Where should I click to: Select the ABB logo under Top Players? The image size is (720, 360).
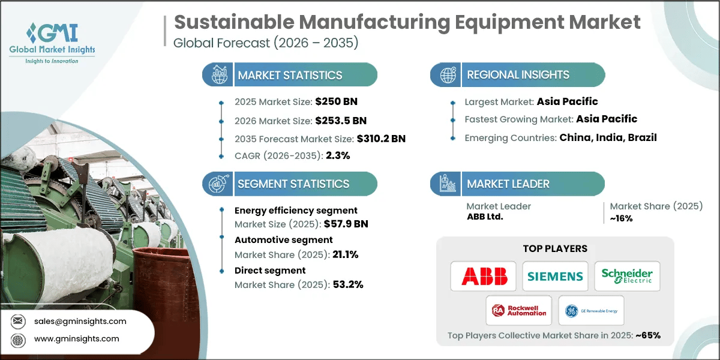tap(484, 276)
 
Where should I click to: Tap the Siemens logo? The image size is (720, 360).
tap(555, 276)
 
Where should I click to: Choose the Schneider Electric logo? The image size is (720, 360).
tap(627, 276)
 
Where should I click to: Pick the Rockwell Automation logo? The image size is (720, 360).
tap(520, 310)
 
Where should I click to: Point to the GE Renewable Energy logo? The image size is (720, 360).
tap(591, 310)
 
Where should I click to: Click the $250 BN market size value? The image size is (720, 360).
tap(336, 101)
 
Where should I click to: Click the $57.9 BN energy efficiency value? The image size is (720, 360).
tap(345, 224)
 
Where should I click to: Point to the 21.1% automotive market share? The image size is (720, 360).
tap(345, 254)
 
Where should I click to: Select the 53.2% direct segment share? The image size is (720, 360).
tap(347, 284)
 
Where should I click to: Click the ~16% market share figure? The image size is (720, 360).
tap(622, 218)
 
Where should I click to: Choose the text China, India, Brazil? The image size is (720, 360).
tap(608, 137)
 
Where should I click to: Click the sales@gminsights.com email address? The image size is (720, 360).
tap(80, 321)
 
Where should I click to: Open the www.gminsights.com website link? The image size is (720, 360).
tap(76, 339)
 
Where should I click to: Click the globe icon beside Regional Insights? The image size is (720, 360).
tap(448, 75)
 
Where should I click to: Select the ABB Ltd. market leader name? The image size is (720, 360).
tap(485, 217)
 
